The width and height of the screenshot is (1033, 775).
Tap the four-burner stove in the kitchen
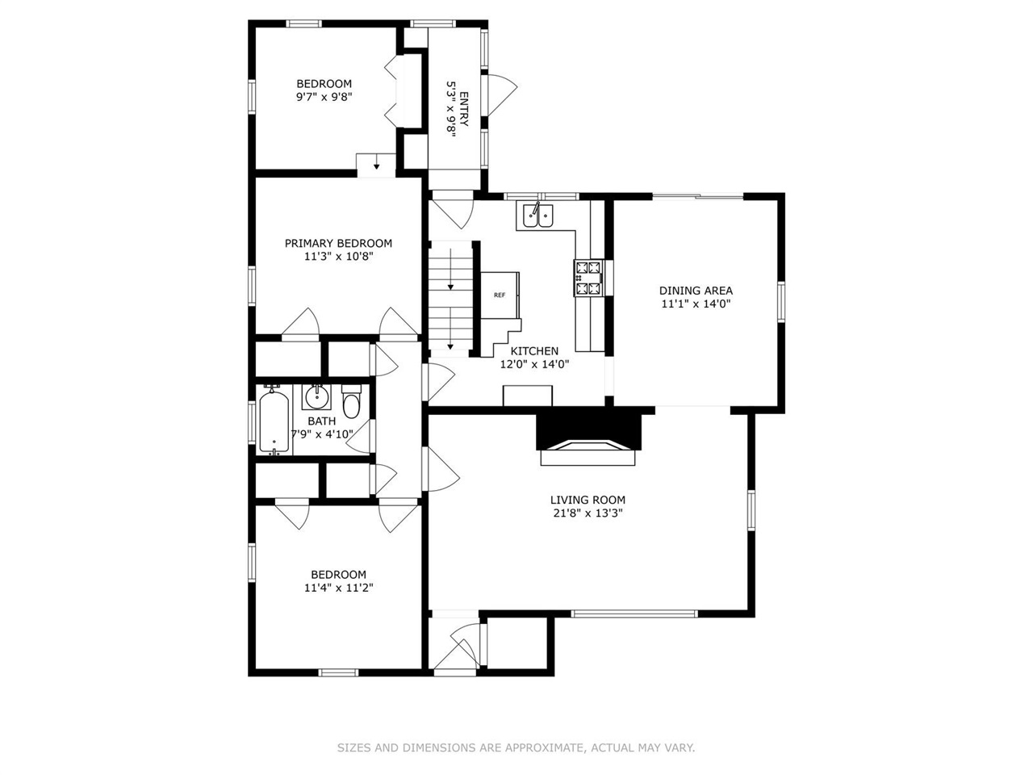[x=588, y=277]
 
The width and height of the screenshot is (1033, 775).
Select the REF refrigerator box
[x=500, y=295]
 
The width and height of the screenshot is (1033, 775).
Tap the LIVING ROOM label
[x=588, y=500]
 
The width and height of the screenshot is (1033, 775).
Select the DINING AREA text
[x=696, y=291]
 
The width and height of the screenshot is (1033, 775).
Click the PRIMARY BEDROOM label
[x=338, y=243]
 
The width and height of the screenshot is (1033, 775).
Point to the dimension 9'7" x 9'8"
[x=324, y=97]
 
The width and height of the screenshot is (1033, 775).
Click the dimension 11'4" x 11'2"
[x=338, y=588]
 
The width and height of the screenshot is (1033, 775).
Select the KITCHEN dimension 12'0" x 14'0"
[x=534, y=364]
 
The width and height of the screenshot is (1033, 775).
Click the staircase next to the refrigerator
[x=450, y=299]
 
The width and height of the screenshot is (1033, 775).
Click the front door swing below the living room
[x=460, y=646]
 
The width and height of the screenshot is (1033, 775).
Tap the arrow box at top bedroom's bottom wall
[x=376, y=163]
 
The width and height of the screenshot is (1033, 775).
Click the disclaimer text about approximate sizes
[x=516, y=748]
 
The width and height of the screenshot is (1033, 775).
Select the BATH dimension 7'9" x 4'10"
[x=322, y=434]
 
